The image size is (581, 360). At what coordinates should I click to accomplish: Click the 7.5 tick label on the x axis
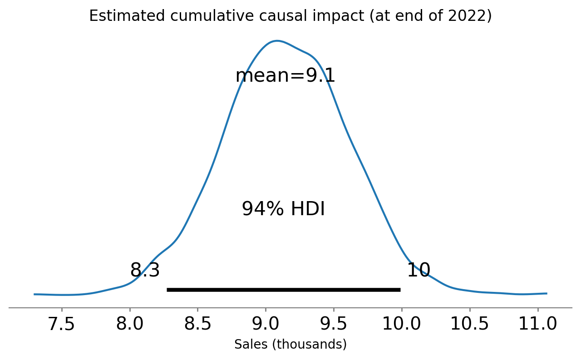pyautogui.click(x=62, y=324)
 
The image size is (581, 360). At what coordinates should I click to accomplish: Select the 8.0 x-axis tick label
pyautogui.click(x=130, y=324)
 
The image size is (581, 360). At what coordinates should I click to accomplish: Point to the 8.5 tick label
pyautogui.click(x=198, y=324)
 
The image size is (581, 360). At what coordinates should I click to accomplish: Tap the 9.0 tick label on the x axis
pyautogui.click(x=266, y=324)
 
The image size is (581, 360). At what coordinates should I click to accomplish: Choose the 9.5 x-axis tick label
pyautogui.click(x=334, y=324)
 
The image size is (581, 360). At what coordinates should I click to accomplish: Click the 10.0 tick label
pyautogui.click(x=401, y=324)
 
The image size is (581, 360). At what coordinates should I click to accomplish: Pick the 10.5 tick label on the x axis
pyautogui.click(x=469, y=324)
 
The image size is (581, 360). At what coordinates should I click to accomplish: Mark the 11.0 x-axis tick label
pyautogui.click(x=537, y=324)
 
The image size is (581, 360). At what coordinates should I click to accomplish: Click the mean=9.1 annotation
pyautogui.click(x=285, y=76)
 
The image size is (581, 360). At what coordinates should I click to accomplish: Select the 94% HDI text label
pyautogui.click(x=283, y=209)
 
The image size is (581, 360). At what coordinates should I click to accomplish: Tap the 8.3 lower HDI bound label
pyautogui.click(x=145, y=271)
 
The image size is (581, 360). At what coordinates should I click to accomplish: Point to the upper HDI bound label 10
pyautogui.click(x=418, y=271)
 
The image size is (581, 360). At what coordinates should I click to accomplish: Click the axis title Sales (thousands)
pyautogui.click(x=290, y=345)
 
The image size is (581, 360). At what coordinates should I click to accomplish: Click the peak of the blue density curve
pyautogui.click(x=276, y=41)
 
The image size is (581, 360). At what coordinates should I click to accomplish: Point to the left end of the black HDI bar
pyautogui.click(x=168, y=290)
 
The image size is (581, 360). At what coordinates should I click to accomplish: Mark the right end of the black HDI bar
pyautogui.click(x=400, y=290)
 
